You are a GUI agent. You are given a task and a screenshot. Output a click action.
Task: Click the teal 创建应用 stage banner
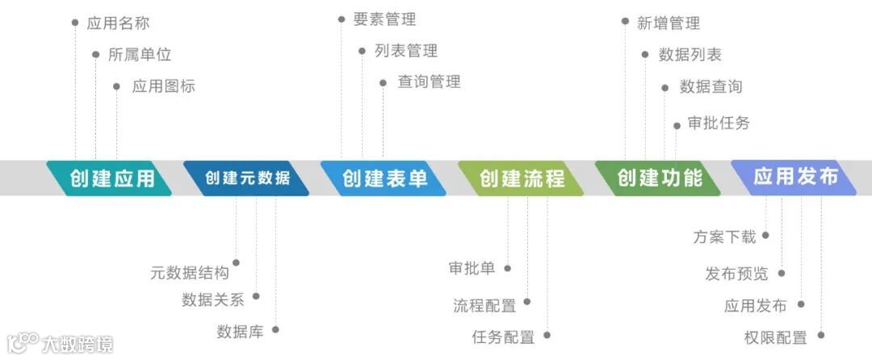click(111, 178)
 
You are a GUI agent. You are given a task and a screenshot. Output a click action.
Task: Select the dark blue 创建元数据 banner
click(247, 178)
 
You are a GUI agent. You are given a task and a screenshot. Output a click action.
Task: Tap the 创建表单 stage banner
click(384, 178)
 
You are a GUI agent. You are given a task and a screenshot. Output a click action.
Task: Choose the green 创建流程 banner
click(522, 178)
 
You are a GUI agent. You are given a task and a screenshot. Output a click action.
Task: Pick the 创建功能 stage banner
click(659, 178)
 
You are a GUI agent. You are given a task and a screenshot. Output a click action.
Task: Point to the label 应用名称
click(118, 23)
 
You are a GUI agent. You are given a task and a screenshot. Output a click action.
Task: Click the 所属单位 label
click(140, 55)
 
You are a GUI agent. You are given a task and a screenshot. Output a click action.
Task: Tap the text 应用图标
click(163, 86)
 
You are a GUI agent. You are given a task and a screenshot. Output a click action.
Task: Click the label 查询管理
click(429, 82)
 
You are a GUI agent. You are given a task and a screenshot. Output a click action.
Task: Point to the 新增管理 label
click(668, 23)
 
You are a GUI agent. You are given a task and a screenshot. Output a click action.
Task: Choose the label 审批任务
click(719, 123)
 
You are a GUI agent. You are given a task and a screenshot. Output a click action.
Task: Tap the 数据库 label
click(240, 332)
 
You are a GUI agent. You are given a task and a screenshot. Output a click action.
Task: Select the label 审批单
click(472, 269)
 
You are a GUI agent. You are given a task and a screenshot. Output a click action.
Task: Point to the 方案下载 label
click(724, 237)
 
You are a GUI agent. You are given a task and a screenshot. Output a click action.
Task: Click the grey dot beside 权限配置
click(821, 335)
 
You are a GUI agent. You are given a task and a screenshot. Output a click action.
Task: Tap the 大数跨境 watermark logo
click(61, 343)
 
